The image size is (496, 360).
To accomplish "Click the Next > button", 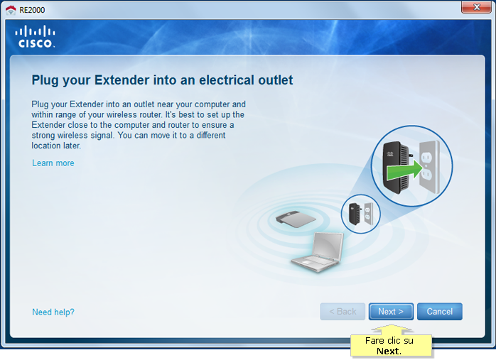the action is (391, 312).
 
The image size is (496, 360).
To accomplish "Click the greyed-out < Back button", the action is (343, 312).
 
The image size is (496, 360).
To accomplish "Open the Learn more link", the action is (53, 163).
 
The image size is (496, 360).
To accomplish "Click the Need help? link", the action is (53, 312).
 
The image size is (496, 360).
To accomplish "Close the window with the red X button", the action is (476, 7).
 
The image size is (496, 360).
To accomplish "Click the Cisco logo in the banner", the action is (35, 37).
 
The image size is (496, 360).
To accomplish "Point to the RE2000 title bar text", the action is (32, 10).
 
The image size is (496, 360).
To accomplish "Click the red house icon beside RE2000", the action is (11, 10).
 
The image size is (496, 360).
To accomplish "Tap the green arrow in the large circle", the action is (405, 169).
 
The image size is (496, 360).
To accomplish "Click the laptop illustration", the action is (318, 252).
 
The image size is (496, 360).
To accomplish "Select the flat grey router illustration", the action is (296, 219).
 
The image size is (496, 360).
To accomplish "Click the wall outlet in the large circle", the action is (429, 167).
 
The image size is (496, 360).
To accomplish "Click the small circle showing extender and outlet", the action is (360, 214).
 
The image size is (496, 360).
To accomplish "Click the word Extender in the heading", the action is (122, 80).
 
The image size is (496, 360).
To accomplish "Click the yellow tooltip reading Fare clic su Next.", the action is (391, 346).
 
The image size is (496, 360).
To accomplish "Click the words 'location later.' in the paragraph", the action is (56, 146).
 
